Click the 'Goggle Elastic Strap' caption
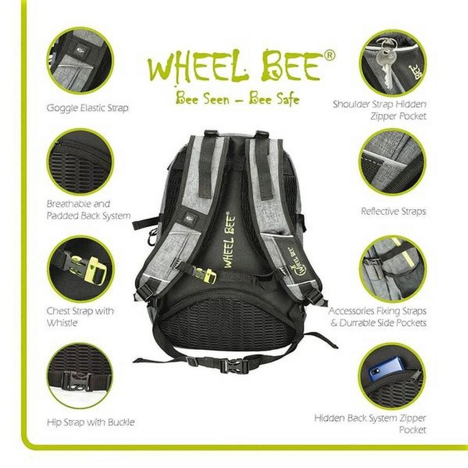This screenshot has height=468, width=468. click(87, 108)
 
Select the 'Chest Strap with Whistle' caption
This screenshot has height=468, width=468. click(80, 316)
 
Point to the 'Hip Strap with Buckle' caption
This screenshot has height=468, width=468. click(90, 422)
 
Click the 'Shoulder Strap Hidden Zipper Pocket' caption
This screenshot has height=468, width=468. click(379, 110)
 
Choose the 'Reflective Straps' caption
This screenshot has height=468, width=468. click(393, 211)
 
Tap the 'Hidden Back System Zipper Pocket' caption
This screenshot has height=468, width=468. click(377, 424)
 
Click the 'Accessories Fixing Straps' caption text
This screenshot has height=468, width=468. click(377, 311)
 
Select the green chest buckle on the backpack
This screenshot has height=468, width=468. click(207, 275)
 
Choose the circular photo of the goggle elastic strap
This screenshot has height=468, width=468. click(80, 61)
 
